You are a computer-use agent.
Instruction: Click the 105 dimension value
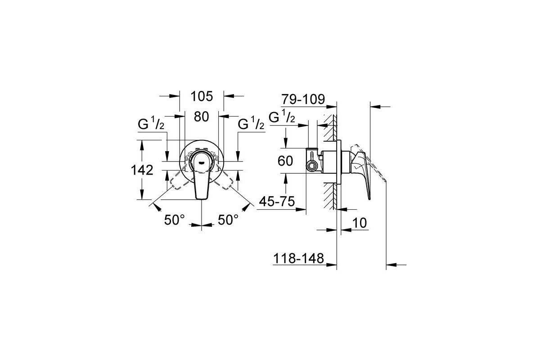click(202, 96)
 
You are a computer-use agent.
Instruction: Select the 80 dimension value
click(201, 117)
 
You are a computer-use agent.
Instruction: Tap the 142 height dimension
click(142, 170)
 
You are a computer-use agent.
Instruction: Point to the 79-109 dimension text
click(303, 99)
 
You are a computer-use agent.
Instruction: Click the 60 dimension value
click(285, 161)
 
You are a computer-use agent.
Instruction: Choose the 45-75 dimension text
click(277, 201)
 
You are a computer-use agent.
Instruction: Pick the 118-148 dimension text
click(298, 259)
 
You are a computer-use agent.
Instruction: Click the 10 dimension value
click(360, 223)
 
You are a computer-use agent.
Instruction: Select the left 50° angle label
click(174, 220)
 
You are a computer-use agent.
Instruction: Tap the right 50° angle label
click(228, 220)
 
